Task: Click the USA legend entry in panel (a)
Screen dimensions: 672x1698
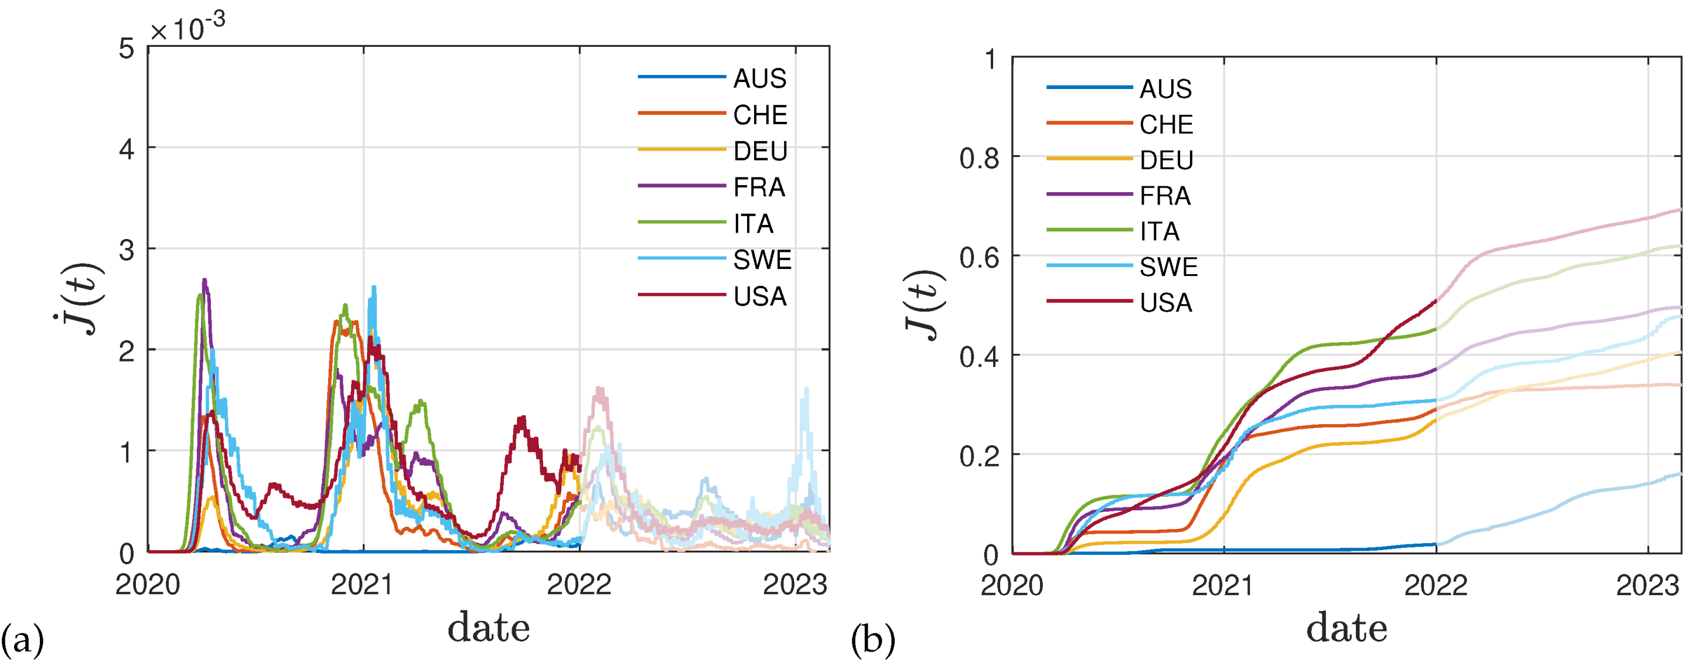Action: (x=759, y=296)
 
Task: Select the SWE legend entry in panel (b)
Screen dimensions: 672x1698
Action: (x=1168, y=267)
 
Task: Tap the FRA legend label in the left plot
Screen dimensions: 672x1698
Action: (x=759, y=187)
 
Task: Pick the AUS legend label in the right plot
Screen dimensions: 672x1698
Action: (x=1165, y=89)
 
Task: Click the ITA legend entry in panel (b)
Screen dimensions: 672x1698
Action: (x=1160, y=231)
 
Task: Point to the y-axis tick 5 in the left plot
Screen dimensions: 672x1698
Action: (x=127, y=49)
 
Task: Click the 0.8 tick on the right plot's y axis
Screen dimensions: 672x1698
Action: (x=979, y=159)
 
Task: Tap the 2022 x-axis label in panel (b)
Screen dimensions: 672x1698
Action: (x=1436, y=585)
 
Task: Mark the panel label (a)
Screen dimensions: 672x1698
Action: (x=22, y=640)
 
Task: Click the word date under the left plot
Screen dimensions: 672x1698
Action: (x=489, y=627)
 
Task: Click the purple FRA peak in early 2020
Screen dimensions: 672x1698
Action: (x=204, y=281)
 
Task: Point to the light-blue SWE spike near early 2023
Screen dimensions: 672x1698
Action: (x=806, y=390)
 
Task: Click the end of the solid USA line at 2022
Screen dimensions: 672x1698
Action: (x=1435, y=301)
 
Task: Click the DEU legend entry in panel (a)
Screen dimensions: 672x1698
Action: (x=759, y=152)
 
